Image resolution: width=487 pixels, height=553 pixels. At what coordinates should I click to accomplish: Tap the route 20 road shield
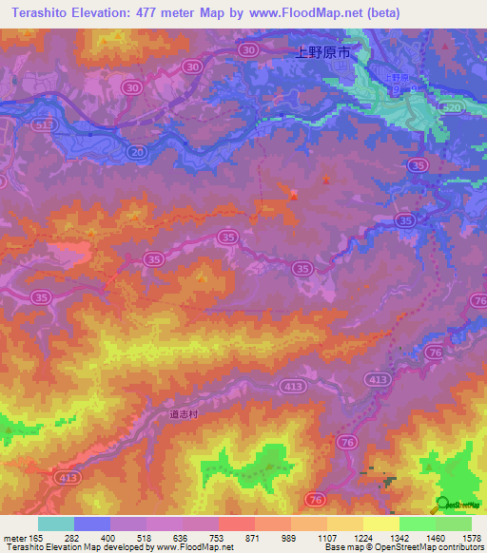(x=138, y=151)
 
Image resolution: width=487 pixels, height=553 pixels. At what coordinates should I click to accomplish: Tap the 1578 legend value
(x=472, y=539)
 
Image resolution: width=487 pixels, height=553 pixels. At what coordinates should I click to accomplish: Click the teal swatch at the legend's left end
(x=56, y=524)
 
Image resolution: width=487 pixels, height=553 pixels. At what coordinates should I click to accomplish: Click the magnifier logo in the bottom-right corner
(x=439, y=505)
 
